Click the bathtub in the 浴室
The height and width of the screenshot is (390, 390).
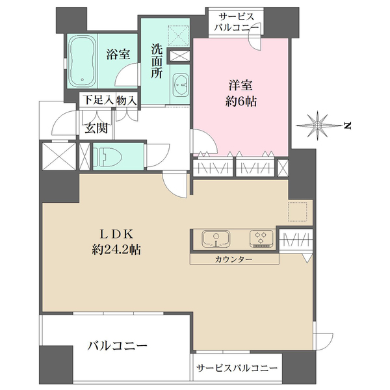click(82, 60)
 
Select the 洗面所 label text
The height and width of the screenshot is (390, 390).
click(157, 61)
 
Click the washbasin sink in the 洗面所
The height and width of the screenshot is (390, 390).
click(181, 84)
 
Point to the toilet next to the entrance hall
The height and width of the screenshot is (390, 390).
click(108, 157)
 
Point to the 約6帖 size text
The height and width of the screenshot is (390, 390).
click(240, 101)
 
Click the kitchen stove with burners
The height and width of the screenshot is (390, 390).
click(261, 239)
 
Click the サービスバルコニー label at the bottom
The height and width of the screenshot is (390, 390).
click(237, 369)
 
